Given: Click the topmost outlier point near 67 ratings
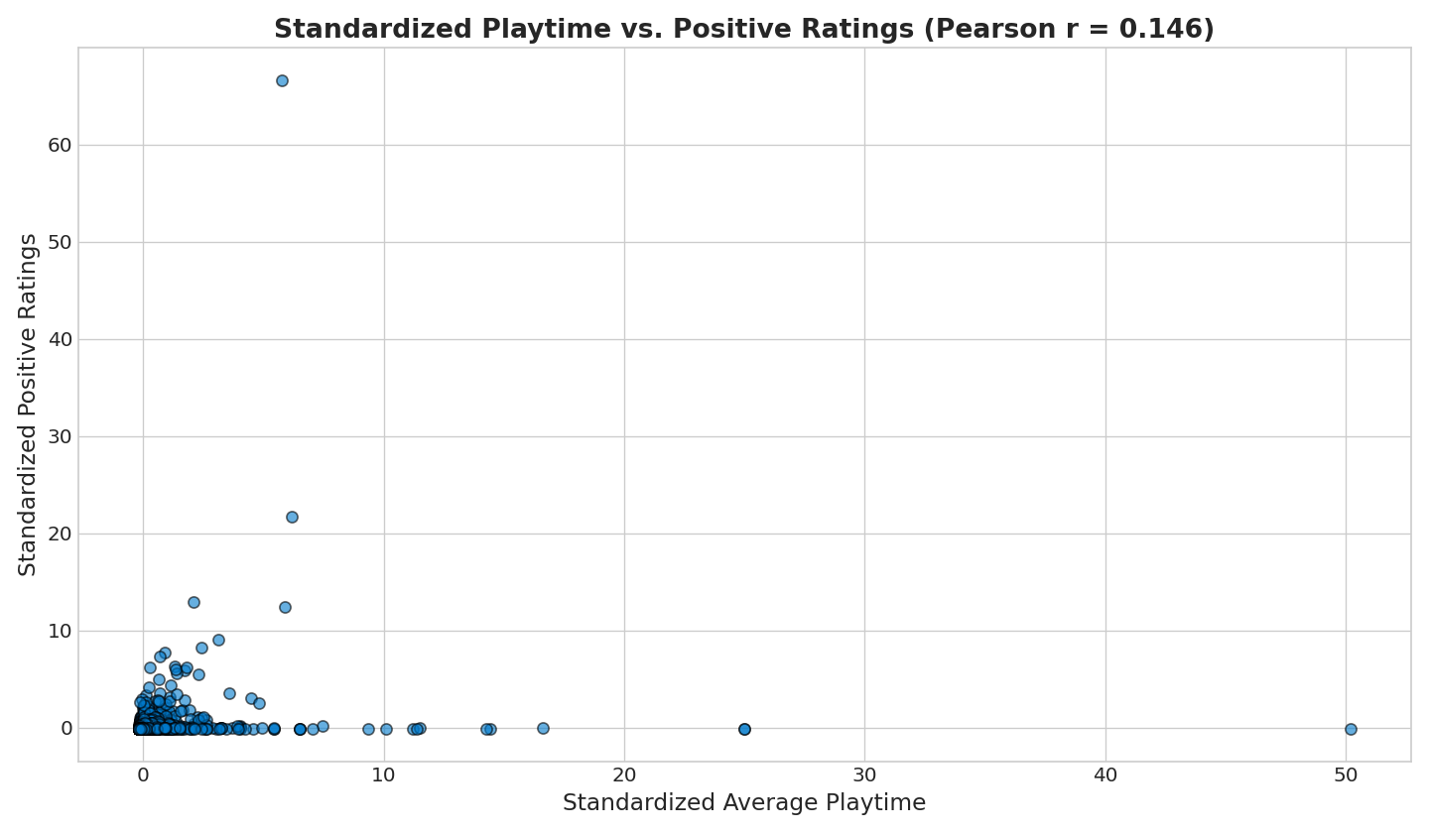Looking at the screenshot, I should pyautogui.click(x=282, y=80).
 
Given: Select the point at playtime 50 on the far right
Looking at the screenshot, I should pyautogui.click(x=1351, y=729).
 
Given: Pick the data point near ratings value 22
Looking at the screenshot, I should pyautogui.click(x=292, y=517).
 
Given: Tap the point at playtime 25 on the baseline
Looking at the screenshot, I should pyautogui.click(x=744, y=729).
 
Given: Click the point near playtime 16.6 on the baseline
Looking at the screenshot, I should pyautogui.click(x=543, y=728).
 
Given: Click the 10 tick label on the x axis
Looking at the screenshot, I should pyautogui.click(x=384, y=773).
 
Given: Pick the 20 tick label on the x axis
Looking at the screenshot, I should pyautogui.click(x=624, y=773).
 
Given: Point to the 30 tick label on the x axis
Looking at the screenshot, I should pyautogui.click(x=864, y=773).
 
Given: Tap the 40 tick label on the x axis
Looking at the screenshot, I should pyautogui.click(x=1105, y=773).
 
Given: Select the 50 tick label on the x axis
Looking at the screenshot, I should pyautogui.click(x=1346, y=773).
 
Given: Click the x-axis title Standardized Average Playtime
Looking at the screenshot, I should pyautogui.click(x=744, y=803).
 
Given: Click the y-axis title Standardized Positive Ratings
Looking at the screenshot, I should pyautogui.click(x=28, y=405).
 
